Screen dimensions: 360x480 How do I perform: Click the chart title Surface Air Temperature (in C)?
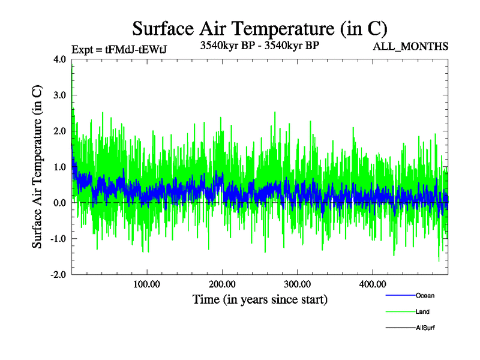[259, 28]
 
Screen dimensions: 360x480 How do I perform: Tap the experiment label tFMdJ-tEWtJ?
[118, 50]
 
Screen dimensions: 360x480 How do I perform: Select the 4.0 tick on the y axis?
[60, 59]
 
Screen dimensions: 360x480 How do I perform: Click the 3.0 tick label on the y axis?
[60, 95]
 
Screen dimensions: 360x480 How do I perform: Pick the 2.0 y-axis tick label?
[60, 131]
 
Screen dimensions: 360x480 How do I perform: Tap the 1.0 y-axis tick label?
[60, 167]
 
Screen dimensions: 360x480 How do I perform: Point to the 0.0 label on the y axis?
[60, 203]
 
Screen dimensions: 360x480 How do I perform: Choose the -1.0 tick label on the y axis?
[58, 239]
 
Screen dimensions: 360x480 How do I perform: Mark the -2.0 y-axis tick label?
[58, 274]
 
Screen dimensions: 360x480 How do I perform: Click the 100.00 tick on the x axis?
[146, 284]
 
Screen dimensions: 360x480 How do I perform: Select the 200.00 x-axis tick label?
[222, 284]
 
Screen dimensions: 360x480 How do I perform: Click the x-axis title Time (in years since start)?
[260, 299]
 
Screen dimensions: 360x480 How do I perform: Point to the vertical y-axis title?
[37, 167]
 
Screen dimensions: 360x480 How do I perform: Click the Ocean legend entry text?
[425, 296]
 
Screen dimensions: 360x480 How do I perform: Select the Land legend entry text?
[422, 312]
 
